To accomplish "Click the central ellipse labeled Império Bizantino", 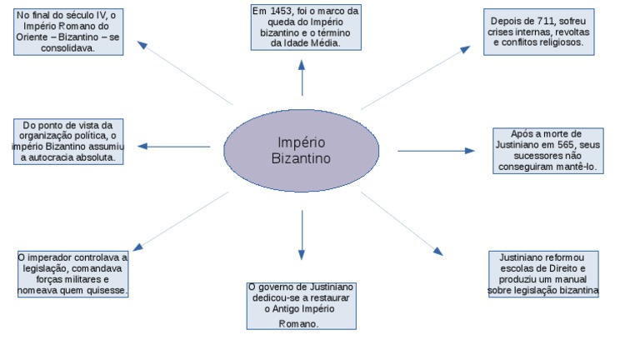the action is (x=301, y=150).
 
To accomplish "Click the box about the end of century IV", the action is (x=68, y=32).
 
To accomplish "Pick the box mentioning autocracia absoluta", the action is (x=69, y=141).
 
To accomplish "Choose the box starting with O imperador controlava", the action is (x=72, y=274).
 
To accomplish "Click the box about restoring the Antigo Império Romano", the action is (x=302, y=305).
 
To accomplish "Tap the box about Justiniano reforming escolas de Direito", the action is (x=542, y=274).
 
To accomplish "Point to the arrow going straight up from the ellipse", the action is (x=302, y=78).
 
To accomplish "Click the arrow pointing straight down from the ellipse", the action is (x=302, y=234).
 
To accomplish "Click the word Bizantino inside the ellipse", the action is (x=301, y=158).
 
